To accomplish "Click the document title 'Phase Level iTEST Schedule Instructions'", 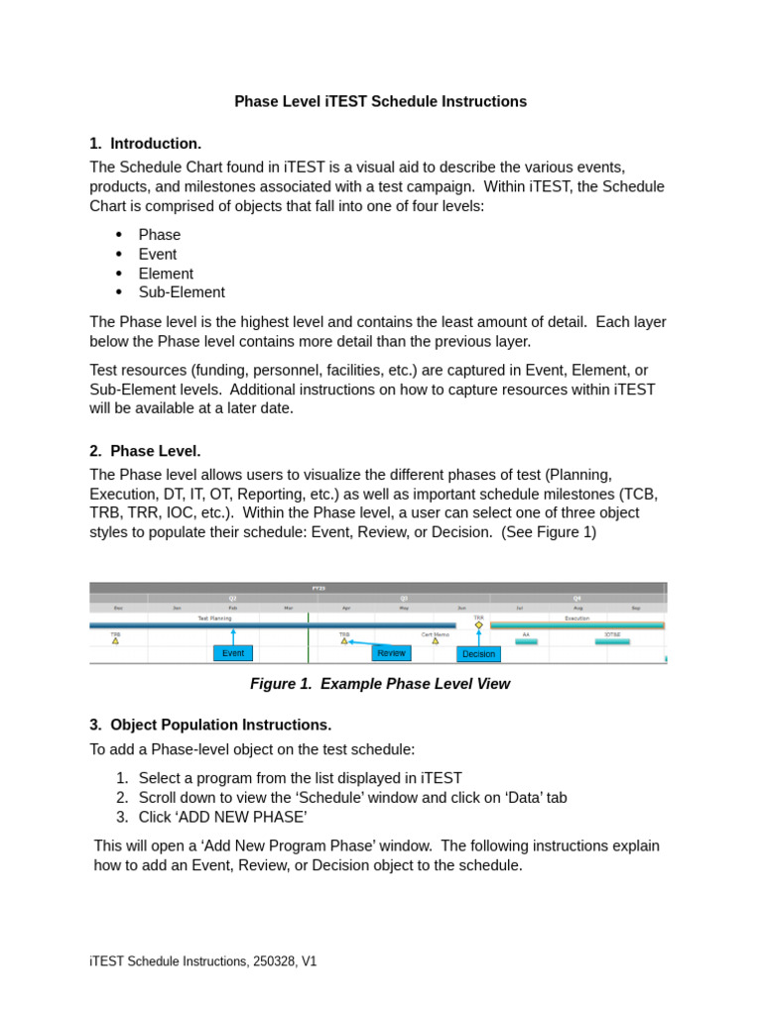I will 380,101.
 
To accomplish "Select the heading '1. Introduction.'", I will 145,144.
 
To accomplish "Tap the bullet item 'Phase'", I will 159,235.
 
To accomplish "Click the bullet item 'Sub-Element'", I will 182,292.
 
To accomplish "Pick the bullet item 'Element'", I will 166,274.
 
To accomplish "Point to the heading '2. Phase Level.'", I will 145,451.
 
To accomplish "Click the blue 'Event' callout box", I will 233,653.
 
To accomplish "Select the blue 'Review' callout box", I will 391,653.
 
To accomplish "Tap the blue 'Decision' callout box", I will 478,654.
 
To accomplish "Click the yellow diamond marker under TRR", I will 478,625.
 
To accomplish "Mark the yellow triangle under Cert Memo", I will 435,641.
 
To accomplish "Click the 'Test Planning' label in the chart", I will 214,618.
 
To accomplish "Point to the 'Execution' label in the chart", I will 576,618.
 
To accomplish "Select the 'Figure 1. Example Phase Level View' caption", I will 380,684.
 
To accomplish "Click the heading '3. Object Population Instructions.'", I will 210,725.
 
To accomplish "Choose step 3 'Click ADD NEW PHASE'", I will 222,817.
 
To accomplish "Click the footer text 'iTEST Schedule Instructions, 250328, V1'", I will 203,961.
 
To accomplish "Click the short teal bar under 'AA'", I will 526,641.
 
